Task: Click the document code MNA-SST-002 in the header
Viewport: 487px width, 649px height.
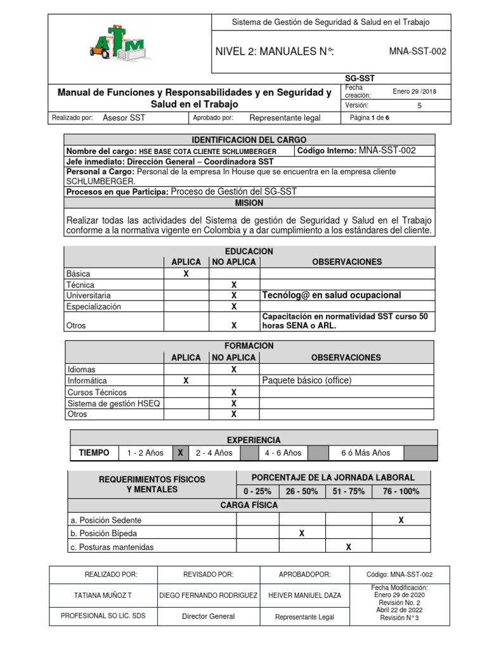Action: [x=417, y=51]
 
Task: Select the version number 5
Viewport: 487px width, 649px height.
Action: [x=419, y=106]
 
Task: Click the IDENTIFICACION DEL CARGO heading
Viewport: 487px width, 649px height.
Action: [x=249, y=139]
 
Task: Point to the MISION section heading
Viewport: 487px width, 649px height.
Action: [x=249, y=203]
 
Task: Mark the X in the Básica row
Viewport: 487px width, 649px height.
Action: [x=186, y=274]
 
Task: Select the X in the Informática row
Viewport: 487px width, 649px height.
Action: [x=186, y=381]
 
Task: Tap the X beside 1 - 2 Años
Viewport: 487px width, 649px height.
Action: [x=180, y=453]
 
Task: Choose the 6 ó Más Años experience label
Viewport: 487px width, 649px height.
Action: [x=365, y=453]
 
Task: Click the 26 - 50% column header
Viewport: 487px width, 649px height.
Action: [x=302, y=491]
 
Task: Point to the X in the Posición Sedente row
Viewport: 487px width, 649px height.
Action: [x=401, y=520]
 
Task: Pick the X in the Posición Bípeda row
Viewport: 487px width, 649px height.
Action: [x=302, y=534]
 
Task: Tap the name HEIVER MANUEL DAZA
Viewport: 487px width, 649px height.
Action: [x=305, y=595]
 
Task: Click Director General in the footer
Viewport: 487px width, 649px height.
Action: [x=208, y=616]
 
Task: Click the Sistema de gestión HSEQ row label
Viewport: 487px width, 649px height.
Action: [x=105, y=403]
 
